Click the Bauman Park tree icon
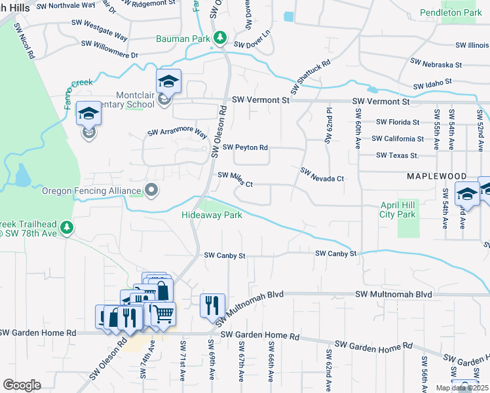click(x=222, y=38)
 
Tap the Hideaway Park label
click(x=212, y=215)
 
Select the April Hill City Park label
click(x=398, y=210)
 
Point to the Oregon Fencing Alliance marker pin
click(x=152, y=191)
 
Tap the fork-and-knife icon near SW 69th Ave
click(x=211, y=305)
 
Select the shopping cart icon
click(x=163, y=313)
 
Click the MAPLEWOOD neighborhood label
click(x=436, y=177)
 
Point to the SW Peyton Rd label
click(x=246, y=147)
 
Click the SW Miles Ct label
click(x=235, y=179)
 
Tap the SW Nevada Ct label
click(x=322, y=175)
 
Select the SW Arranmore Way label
click(x=177, y=132)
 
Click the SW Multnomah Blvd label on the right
click(x=394, y=295)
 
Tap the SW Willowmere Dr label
click(x=109, y=49)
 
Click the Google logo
click(x=22, y=385)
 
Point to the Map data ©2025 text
click(x=462, y=388)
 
